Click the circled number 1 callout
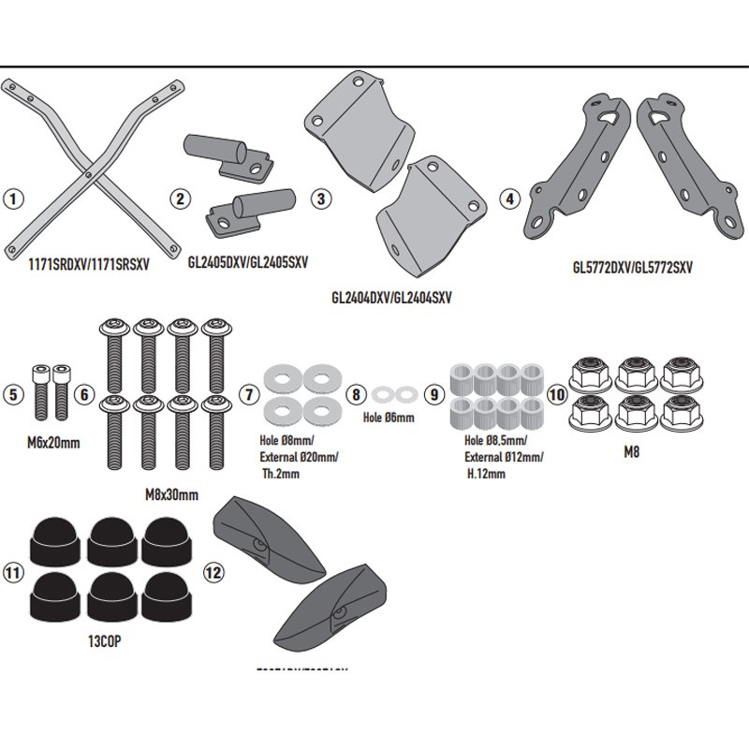pos(12,198)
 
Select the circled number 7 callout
pos(249,394)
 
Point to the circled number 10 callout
pos(557,394)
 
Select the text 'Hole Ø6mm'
pos(388,419)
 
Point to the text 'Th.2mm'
pos(282,475)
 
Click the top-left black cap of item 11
pos(47,540)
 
